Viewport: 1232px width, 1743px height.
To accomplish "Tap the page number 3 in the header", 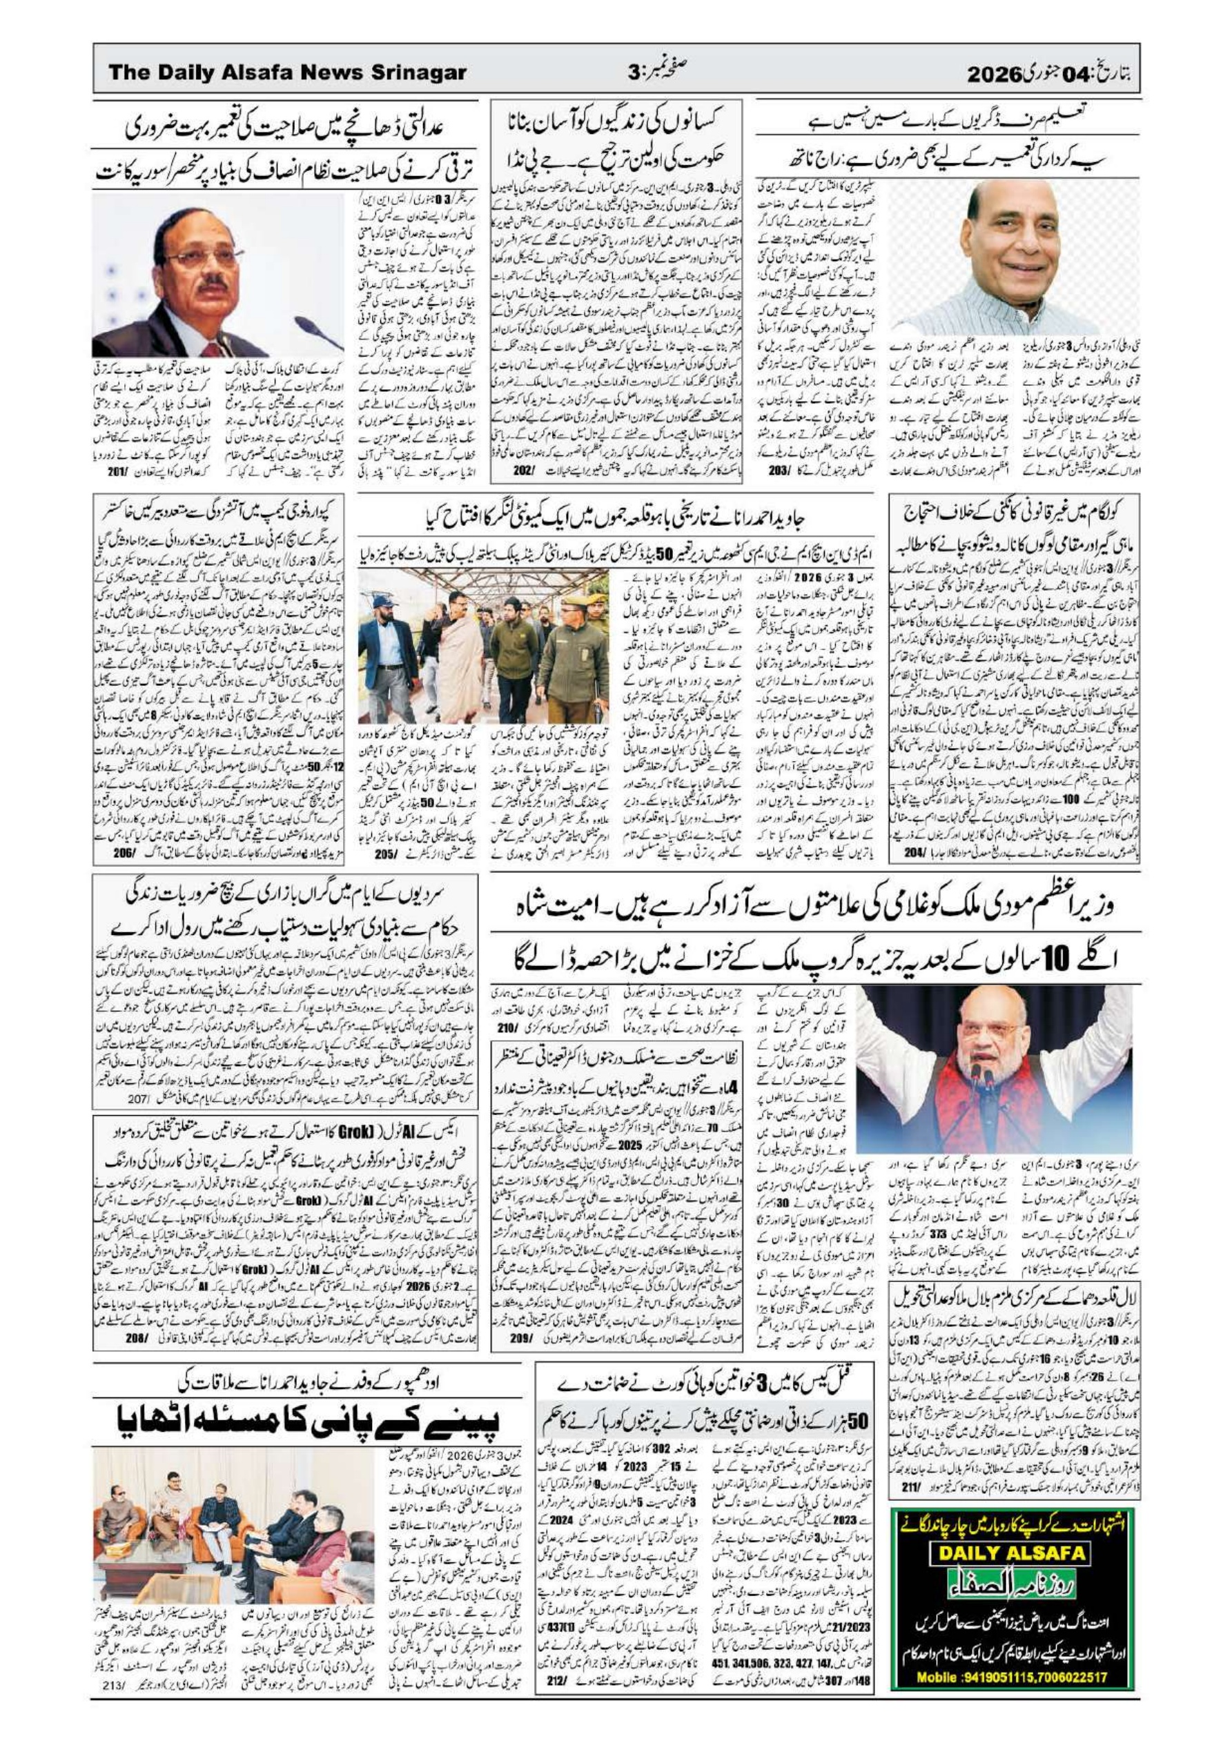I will pos(634,74).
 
